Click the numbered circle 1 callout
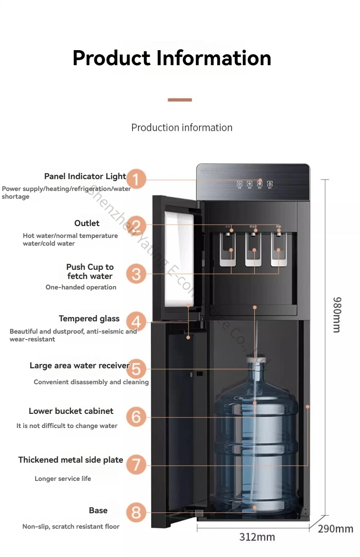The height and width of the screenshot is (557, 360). click(x=136, y=178)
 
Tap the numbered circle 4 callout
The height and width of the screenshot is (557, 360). click(x=136, y=322)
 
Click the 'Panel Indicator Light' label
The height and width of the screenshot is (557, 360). click(x=85, y=176)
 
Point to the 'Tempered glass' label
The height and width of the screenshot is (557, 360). click(x=89, y=319)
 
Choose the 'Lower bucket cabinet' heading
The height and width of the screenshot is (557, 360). click(x=71, y=411)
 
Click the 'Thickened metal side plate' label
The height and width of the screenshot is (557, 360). click(x=71, y=460)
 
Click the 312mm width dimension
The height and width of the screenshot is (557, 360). click(x=257, y=537)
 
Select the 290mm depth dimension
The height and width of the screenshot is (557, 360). click(x=335, y=529)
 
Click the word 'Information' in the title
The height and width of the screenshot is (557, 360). click(x=214, y=58)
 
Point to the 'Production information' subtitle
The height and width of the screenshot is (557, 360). click(x=182, y=128)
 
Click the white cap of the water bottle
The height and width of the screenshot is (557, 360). click(x=254, y=360)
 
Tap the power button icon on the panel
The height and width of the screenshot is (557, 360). click(x=239, y=184)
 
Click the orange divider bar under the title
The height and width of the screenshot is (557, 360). click(x=180, y=100)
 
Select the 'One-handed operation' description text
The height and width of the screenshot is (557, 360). click(x=81, y=287)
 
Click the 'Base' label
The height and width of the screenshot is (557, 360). click(x=98, y=511)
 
